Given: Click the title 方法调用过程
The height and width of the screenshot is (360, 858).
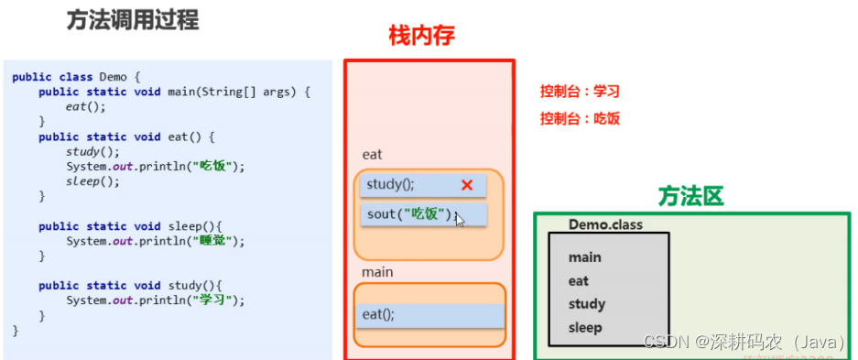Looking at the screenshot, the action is pyautogui.click(x=133, y=21).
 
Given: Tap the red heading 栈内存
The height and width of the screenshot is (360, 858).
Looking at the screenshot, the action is pyautogui.click(x=422, y=36).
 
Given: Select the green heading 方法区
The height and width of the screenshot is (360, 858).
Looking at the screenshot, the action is pyautogui.click(x=690, y=196).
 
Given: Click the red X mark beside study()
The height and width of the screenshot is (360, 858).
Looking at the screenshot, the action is pyautogui.click(x=467, y=185).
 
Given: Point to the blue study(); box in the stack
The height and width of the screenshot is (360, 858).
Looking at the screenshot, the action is pyautogui.click(x=423, y=185).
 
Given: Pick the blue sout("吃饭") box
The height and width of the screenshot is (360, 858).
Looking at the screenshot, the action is pyautogui.click(x=424, y=214).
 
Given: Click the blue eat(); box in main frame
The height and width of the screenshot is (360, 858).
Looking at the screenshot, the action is pyautogui.click(x=429, y=316).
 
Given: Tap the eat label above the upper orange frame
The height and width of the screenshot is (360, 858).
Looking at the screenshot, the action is pyautogui.click(x=372, y=155).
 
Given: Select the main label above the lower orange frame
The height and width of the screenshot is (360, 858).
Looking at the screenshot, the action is pyautogui.click(x=377, y=272).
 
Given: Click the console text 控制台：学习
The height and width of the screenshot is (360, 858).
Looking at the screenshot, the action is pyautogui.click(x=580, y=92).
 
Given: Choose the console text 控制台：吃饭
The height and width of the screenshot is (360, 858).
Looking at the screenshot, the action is pyautogui.click(x=580, y=119).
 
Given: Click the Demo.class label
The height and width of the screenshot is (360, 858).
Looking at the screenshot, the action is pyautogui.click(x=606, y=224).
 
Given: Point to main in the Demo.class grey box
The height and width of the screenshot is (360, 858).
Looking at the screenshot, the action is pyautogui.click(x=584, y=257).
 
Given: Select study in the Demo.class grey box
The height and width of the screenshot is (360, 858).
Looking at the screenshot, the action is pyautogui.click(x=587, y=304).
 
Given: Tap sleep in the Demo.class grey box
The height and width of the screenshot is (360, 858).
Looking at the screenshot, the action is pyautogui.click(x=585, y=328).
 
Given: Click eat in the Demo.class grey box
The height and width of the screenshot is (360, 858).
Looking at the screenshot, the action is pyautogui.click(x=579, y=281).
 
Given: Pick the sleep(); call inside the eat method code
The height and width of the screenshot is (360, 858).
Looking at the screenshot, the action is pyautogui.click(x=92, y=181).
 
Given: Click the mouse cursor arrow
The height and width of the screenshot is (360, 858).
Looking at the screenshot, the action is pyautogui.click(x=459, y=221).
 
